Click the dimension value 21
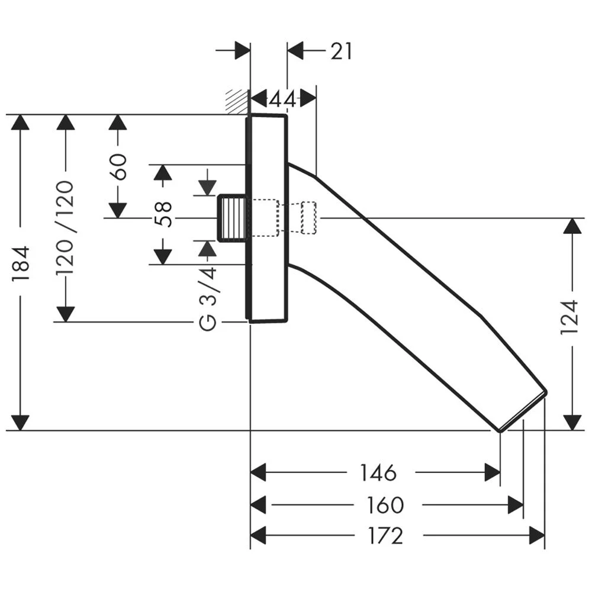click(x=342, y=52)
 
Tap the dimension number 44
click(x=283, y=99)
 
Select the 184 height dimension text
click(x=20, y=263)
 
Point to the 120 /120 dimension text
click(x=65, y=228)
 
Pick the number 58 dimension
click(x=163, y=214)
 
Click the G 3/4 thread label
click(x=208, y=298)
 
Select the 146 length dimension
click(x=378, y=472)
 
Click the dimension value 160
click(x=385, y=505)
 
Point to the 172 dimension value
click(x=386, y=536)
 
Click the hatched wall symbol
click(x=237, y=101)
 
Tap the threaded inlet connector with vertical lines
click(x=232, y=218)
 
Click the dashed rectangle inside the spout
click(x=308, y=218)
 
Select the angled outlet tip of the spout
click(x=523, y=411)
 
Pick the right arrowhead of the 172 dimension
click(x=537, y=535)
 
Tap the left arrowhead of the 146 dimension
click(x=258, y=472)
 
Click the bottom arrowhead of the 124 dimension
click(x=572, y=423)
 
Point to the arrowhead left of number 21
click(x=295, y=50)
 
